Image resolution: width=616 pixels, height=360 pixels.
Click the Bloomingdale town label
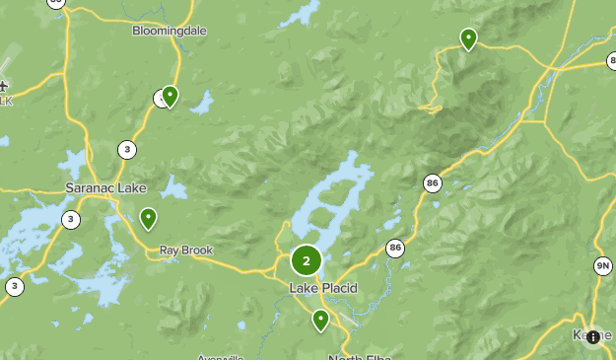click(x=170, y=31)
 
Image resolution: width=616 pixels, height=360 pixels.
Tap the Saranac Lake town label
click(x=105, y=187)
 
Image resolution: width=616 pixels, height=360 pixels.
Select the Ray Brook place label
click(x=186, y=251)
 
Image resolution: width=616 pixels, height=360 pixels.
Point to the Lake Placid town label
click(x=322, y=288)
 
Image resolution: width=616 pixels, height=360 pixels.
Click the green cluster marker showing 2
click(x=307, y=260)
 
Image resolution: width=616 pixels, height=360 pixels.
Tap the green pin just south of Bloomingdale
click(x=170, y=96)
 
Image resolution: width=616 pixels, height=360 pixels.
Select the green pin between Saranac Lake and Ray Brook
click(x=148, y=217)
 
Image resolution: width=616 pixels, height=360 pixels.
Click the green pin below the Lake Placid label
click(x=320, y=320)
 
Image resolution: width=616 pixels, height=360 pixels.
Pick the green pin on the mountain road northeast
click(x=468, y=38)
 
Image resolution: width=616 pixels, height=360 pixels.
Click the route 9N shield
click(x=602, y=266)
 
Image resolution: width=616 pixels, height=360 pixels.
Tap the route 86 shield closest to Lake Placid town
click(x=395, y=248)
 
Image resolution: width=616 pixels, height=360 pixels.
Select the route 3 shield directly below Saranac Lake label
click(x=71, y=219)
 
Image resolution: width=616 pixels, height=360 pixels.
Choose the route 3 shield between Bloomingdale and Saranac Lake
click(x=127, y=150)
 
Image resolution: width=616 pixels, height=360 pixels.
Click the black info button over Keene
click(x=591, y=336)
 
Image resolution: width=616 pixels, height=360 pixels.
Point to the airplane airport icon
click(x=5, y=87)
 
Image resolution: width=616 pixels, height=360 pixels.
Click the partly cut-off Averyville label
click(x=219, y=357)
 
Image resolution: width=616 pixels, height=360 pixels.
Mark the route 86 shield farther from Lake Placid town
click(x=432, y=182)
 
